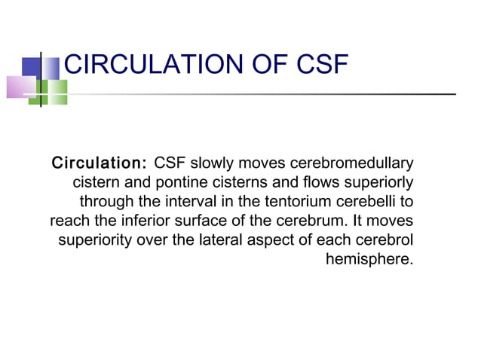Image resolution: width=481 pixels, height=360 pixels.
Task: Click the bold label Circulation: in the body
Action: (x=98, y=163)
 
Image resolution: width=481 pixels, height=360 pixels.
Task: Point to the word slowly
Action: (x=217, y=163)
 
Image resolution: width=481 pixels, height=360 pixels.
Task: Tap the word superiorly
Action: (x=381, y=183)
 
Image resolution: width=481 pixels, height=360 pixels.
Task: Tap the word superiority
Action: (x=93, y=242)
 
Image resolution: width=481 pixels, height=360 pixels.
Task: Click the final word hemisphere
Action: (x=369, y=261)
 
